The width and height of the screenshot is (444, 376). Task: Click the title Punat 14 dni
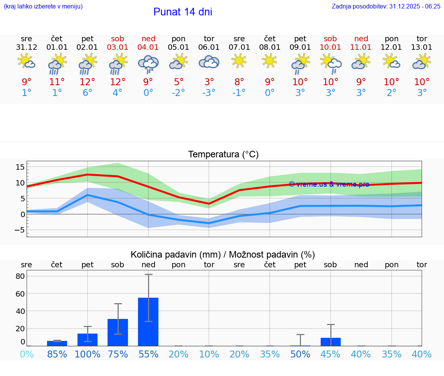183,12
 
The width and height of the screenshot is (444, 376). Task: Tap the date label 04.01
148,47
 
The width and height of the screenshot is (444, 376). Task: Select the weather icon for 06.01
209,62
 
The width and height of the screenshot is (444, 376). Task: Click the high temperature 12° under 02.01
87,82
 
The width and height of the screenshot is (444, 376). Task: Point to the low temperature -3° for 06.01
209,93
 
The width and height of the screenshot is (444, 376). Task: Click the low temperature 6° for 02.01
87,93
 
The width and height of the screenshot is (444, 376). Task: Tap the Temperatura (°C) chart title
223,155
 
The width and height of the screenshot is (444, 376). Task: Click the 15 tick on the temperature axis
20,167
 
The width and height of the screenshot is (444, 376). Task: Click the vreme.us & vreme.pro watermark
329,184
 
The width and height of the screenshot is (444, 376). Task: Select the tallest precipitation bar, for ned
148,322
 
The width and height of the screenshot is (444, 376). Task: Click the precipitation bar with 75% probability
118,332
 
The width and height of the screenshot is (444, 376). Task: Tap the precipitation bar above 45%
331,342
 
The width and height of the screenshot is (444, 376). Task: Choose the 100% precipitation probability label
87,354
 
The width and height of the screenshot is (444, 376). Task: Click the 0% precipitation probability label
27,354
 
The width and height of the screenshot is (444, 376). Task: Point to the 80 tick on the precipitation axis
20,276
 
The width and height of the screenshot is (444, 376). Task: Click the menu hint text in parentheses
43,6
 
